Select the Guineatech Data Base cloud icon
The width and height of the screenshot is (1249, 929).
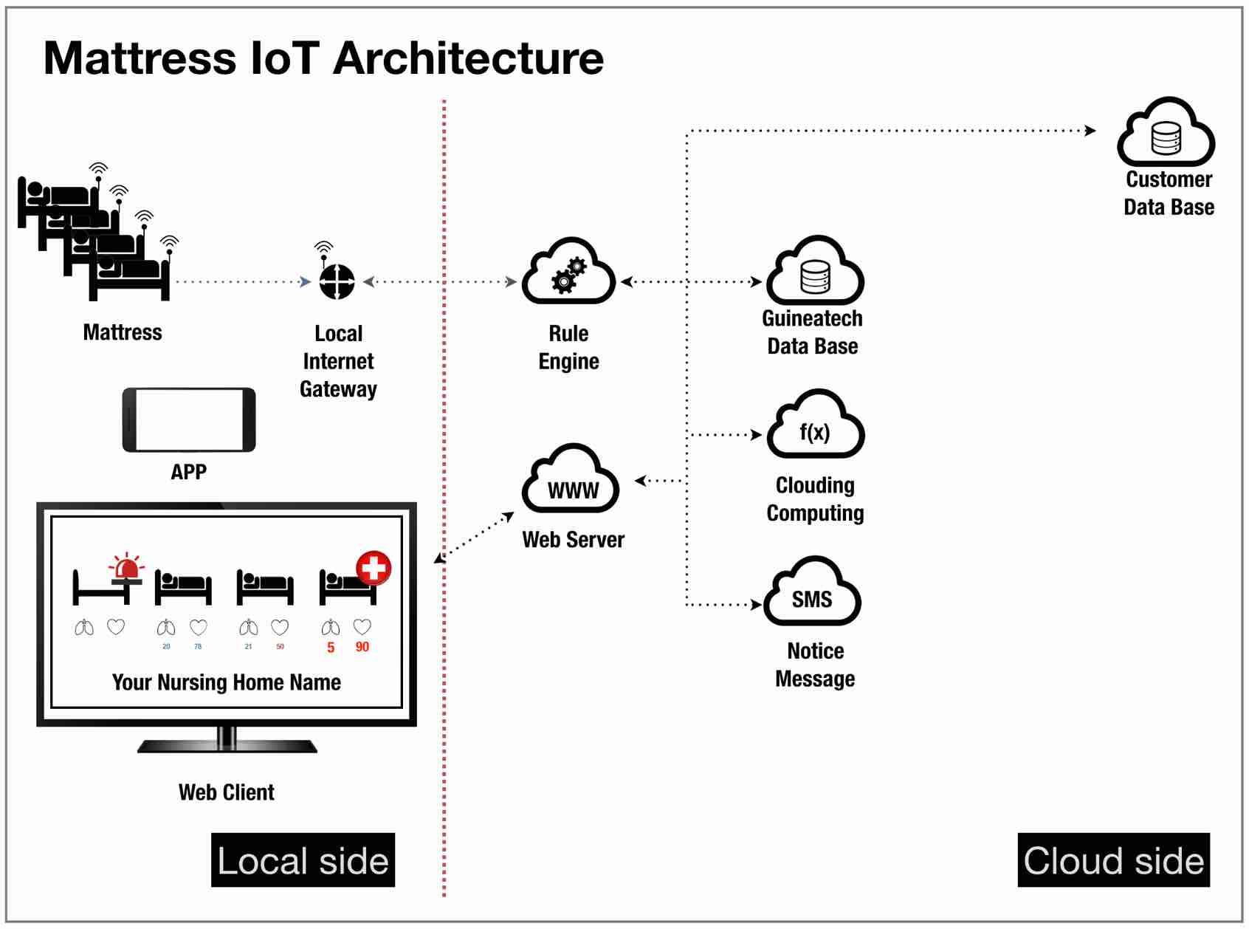point(815,270)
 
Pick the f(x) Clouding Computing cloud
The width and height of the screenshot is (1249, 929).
point(815,424)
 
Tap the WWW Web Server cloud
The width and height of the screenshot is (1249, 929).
point(571,478)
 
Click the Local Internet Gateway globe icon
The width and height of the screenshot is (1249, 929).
point(337,281)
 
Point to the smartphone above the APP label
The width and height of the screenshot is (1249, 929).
point(189,419)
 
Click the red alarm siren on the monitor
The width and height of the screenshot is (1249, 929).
point(127,566)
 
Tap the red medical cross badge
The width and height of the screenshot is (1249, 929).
point(374,568)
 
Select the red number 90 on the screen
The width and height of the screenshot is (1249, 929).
point(362,647)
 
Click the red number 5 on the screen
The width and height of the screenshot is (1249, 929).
point(331,648)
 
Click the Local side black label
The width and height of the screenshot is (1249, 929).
point(303,860)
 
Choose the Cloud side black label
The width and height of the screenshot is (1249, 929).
point(1113,860)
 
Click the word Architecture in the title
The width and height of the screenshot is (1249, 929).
point(468,58)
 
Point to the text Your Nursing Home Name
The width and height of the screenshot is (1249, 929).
point(227,682)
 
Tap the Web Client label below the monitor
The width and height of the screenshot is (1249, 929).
point(227,792)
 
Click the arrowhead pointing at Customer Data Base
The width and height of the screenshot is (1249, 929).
point(1090,131)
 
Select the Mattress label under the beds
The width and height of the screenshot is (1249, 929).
point(123,332)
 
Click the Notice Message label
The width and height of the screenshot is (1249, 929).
point(815,665)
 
